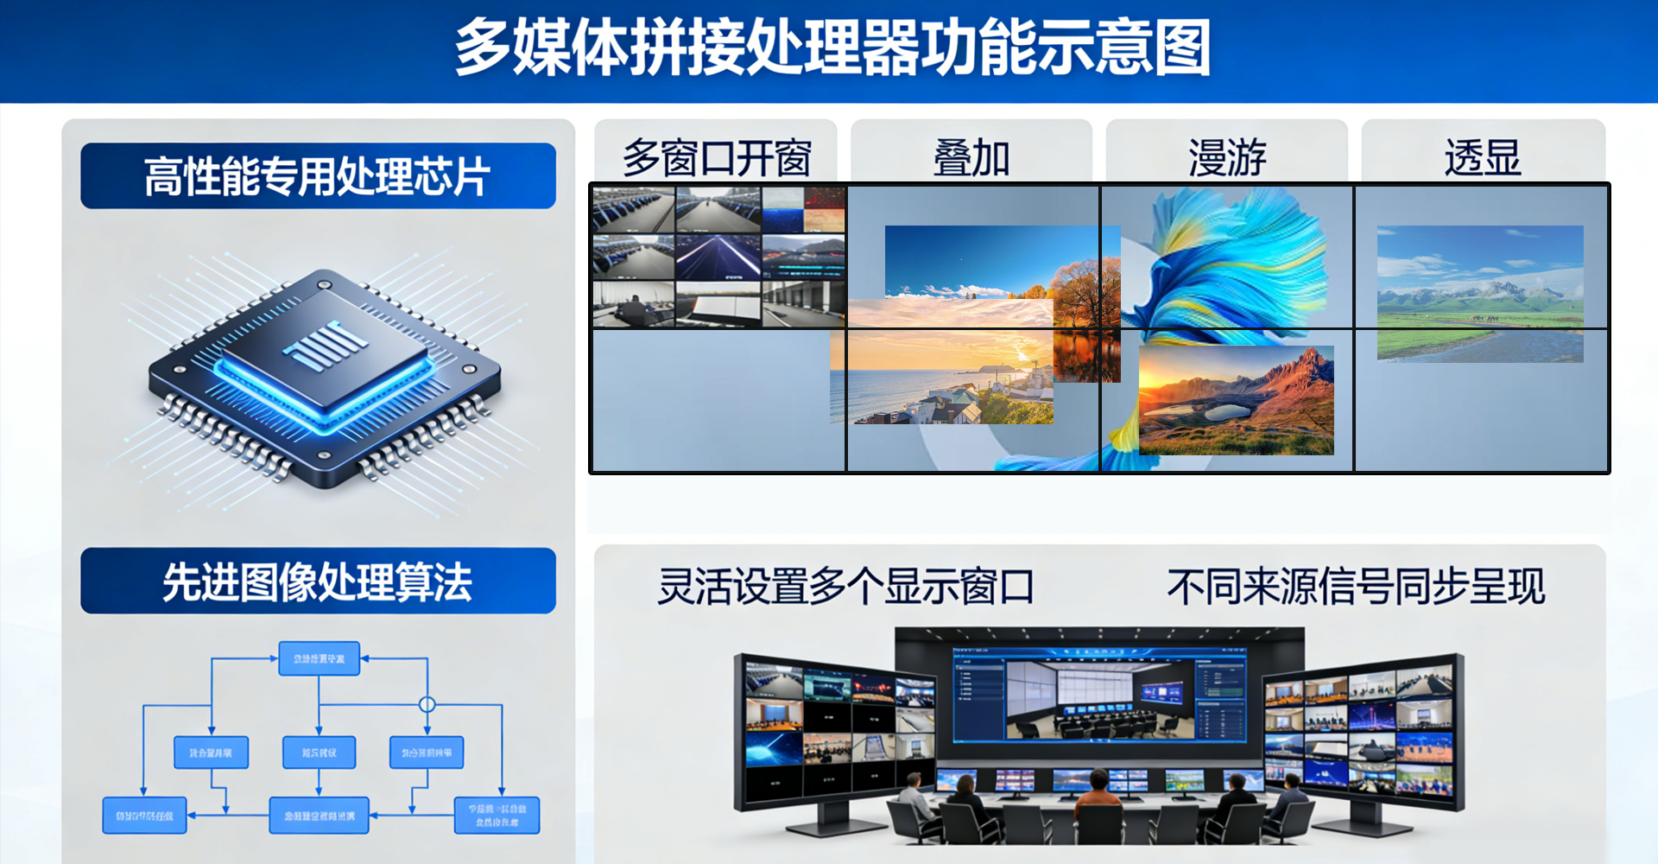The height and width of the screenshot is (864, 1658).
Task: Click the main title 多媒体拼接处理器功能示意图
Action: click(832, 48)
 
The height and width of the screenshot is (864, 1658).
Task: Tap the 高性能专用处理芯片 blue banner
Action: click(318, 176)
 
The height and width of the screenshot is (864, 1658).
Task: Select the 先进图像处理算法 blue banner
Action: click(318, 581)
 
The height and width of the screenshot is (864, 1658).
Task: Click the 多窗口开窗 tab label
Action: click(717, 158)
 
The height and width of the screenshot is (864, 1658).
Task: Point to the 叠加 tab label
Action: click(971, 158)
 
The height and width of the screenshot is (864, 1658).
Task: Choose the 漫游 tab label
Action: click(1227, 158)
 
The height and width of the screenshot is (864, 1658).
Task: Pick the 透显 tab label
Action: click(1483, 158)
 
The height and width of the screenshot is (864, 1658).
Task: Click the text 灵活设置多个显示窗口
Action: click(845, 587)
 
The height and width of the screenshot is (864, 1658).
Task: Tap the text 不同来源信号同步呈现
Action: click(1356, 587)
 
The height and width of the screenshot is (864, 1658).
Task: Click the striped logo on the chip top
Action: click(323, 346)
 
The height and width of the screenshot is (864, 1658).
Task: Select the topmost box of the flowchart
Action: click(319, 658)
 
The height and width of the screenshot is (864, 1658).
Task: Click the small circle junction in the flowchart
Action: click(427, 705)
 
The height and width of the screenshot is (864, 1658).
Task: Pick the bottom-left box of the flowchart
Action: click(144, 816)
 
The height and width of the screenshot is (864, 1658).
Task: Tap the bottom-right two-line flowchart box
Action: click(497, 816)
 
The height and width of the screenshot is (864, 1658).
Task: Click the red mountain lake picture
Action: click(1236, 400)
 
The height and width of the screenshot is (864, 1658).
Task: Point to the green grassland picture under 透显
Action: click(1479, 294)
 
